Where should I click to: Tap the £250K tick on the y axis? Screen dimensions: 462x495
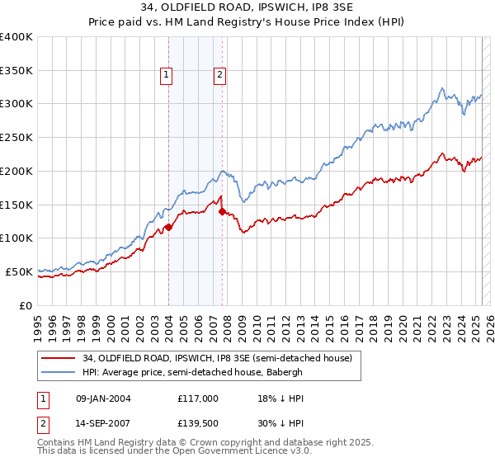click(x=16, y=137)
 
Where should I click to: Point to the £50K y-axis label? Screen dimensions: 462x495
click(x=19, y=271)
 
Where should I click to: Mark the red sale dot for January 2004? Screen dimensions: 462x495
click(x=168, y=227)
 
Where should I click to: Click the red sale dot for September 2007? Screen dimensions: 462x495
click(x=222, y=211)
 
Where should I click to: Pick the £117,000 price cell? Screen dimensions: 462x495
click(x=197, y=398)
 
